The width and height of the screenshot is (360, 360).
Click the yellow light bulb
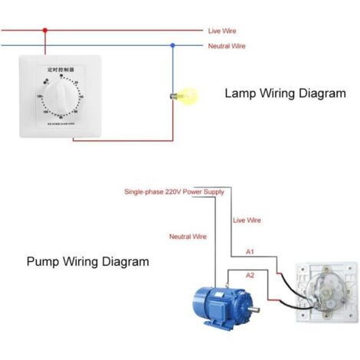pos(186,97)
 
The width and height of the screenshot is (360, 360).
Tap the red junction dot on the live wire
pos(45,31)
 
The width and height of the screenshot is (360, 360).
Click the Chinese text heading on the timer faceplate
pos(60,69)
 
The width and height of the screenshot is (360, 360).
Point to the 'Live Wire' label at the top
pos(222,31)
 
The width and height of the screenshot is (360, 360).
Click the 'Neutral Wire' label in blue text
pos(227,46)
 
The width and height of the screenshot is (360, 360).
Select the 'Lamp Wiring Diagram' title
pos(285,94)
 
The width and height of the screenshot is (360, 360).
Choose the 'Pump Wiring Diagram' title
pos(88,261)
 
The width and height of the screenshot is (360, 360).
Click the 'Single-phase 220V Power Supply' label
pos(175,192)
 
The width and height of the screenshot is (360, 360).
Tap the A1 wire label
pos(250,251)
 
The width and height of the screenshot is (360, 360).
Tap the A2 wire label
pos(250,274)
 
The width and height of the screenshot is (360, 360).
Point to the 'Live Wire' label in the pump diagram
pos(247,220)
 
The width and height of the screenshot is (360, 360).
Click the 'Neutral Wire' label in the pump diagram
pos(188,237)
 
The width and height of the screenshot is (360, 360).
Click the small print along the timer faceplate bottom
pos(61,125)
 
